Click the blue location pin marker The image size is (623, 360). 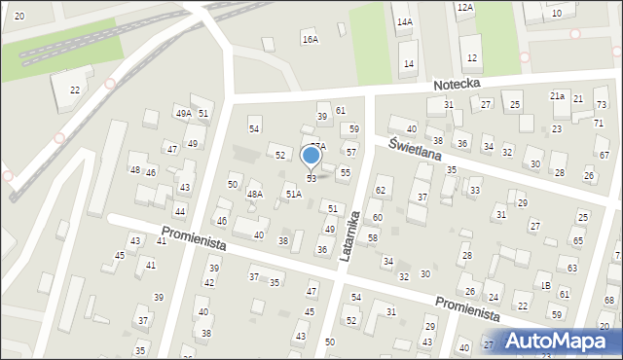(311, 156)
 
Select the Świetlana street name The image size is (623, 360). (415, 148)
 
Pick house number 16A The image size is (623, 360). (310, 40)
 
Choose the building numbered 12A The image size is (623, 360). (465, 8)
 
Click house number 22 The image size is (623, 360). (75, 90)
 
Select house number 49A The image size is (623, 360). (183, 114)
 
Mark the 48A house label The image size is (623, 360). (254, 195)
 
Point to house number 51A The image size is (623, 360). (293, 195)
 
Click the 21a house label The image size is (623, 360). (557, 96)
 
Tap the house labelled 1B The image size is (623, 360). (546, 285)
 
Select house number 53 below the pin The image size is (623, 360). (311, 178)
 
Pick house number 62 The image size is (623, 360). (382, 190)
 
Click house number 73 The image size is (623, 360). (601, 104)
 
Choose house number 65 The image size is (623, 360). (578, 240)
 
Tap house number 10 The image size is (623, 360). (556, 14)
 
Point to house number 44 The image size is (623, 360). (179, 211)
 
